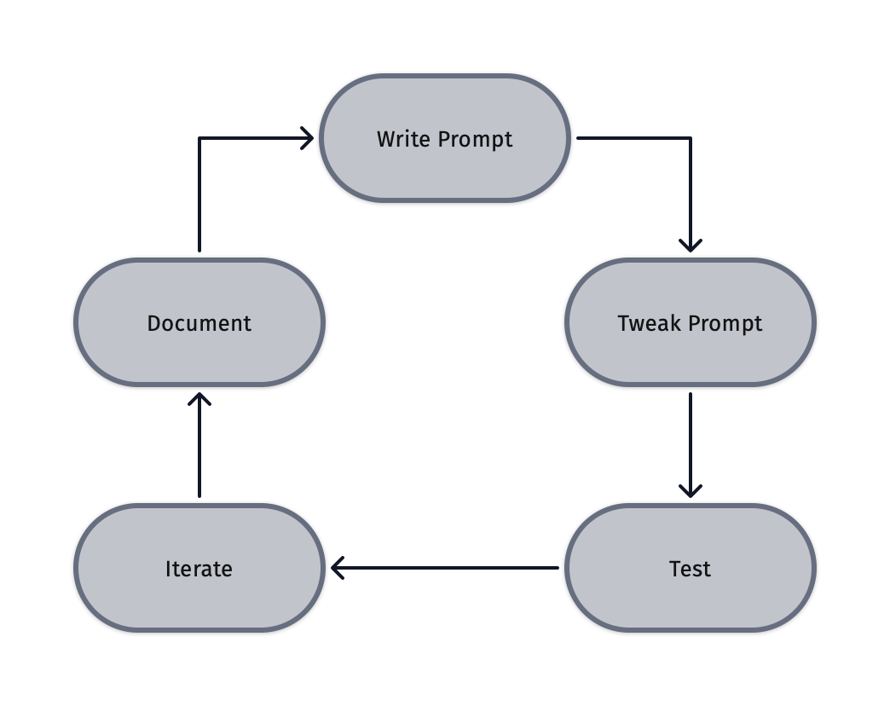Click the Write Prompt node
[x=444, y=138]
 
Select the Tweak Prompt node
[x=690, y=322]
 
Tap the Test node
[x=690, y=568]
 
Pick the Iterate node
[x=199, y=568]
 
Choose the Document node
[x=199, y=322]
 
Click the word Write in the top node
[x=403, y=139]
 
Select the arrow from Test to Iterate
[x=443, y=568]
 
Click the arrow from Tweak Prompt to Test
[x=690, y=443]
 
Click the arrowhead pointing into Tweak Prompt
[x=690, y=246]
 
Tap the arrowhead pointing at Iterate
[x=337, y=568]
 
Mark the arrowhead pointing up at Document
[x=199, y=398]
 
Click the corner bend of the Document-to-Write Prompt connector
[x=199, y=138]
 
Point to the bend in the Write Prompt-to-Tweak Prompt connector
[x=690, y=138]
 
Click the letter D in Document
[x=154, y=323]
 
